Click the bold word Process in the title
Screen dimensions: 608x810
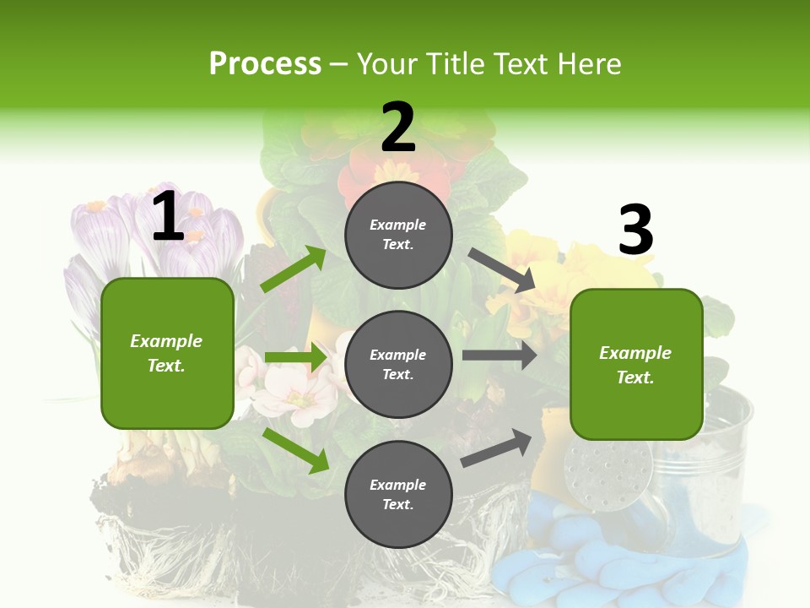click(265, 64)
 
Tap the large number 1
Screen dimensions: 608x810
click(168, 217)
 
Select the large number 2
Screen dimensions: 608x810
click(398, 128)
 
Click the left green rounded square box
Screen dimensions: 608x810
click(167, 353)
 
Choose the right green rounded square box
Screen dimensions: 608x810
click(636, 365)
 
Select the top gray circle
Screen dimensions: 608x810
click(398, 235)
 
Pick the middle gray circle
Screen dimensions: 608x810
click(398, 365)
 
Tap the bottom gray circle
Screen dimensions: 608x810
click(398, 495)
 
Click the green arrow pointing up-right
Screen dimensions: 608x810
click(293, 269)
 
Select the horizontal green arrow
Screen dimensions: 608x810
click(295, 358)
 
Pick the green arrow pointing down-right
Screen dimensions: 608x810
click(295, 449)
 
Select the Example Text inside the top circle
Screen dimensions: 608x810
click(398, 235)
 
